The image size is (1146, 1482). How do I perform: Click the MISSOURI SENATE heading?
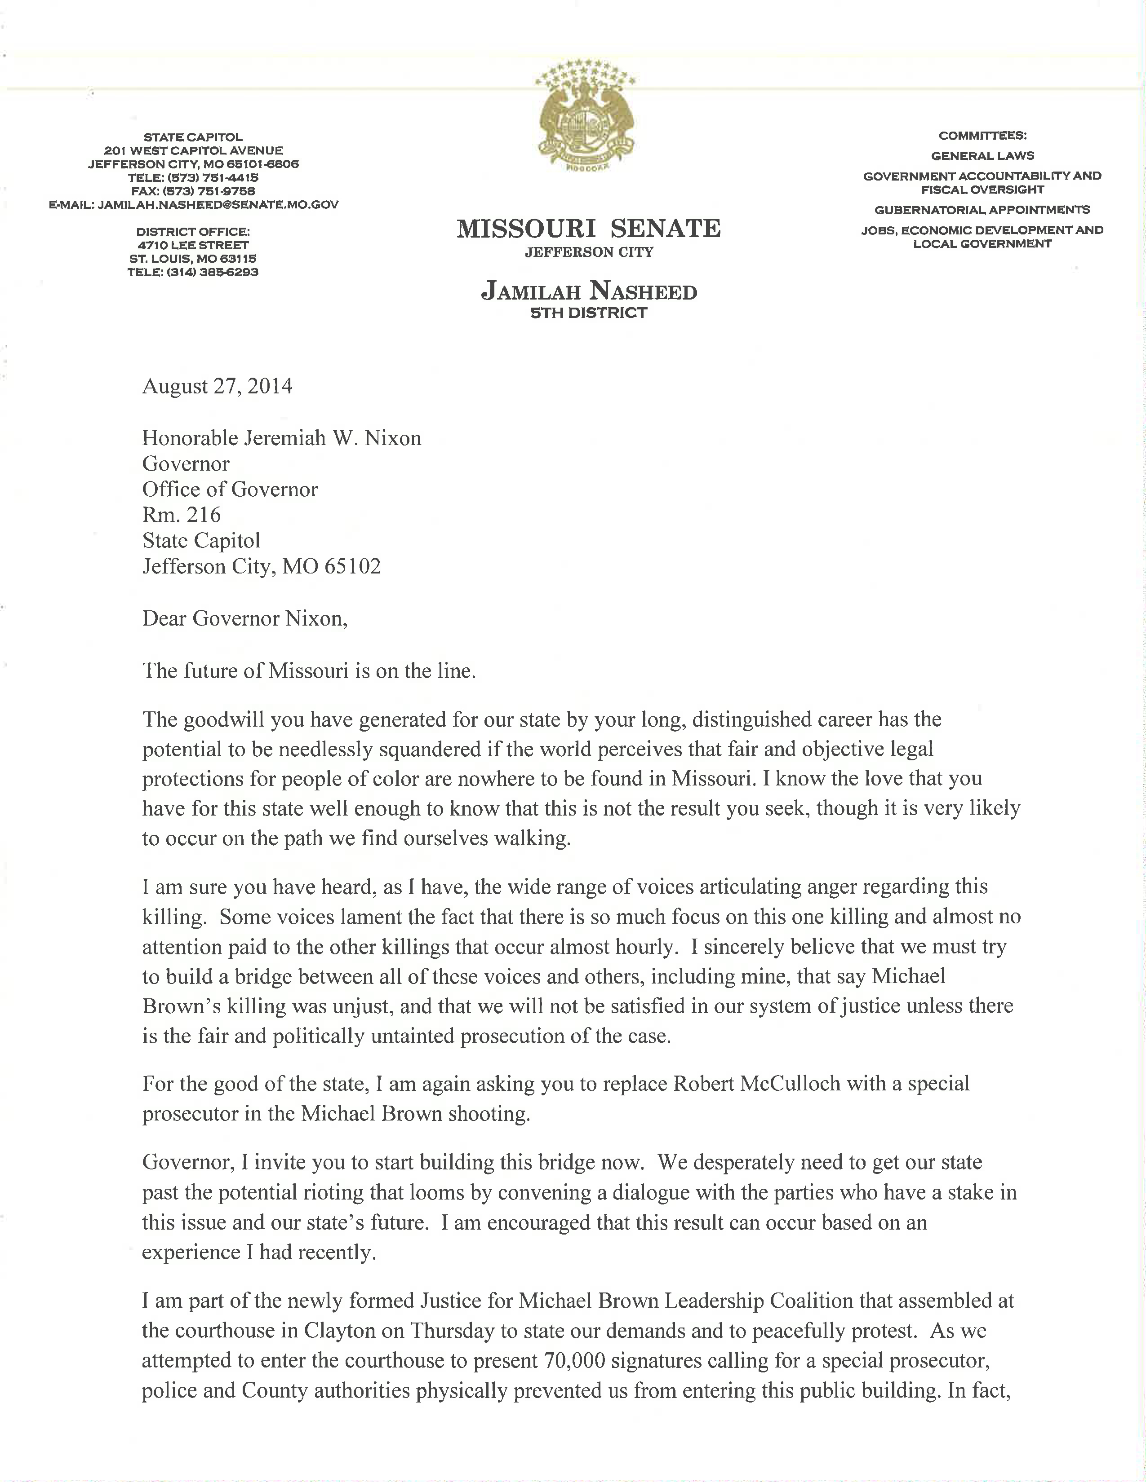[589, 229]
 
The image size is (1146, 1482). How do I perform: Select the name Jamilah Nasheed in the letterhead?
[589, 292]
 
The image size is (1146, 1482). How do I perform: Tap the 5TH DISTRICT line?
[589, 313]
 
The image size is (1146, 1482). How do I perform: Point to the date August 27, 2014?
[217, 386]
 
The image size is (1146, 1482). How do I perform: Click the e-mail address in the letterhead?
[218, 204]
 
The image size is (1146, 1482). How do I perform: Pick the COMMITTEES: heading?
[982, 135]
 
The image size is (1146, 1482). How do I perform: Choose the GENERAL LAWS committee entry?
[982, 155]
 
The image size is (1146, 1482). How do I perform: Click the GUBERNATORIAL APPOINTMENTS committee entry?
[982, 210]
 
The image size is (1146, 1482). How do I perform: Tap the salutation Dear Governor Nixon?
[244, 619]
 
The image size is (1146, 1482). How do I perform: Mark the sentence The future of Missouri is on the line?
[309, 671]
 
